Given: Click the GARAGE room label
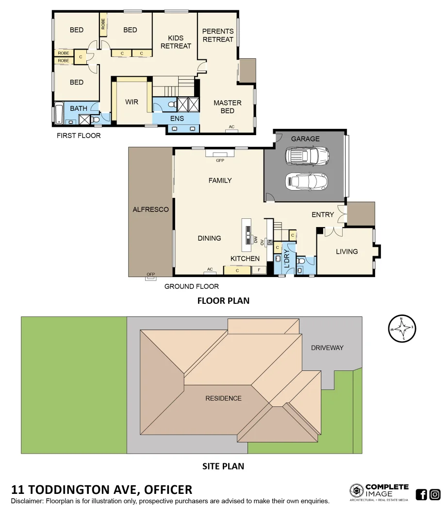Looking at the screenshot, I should point(305,139).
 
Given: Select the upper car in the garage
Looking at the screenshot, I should point(307,156).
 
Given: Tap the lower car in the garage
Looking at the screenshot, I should point(306,181).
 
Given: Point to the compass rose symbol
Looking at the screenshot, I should point(402,329).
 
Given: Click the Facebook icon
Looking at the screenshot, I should point(421,494).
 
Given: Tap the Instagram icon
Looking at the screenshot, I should point(435,494).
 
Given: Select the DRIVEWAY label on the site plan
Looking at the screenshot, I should point(327,348).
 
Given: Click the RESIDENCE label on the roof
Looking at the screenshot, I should point(223,398).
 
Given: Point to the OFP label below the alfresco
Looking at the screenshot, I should point(150,275).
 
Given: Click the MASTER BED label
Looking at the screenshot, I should point(228,106).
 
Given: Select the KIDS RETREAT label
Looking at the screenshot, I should point(176,42).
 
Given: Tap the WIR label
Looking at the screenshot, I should point(132,102).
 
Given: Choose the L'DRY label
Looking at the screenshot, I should point(286,259).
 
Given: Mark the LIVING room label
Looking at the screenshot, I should point(347,251).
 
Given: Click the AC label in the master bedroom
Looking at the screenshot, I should point(232,127).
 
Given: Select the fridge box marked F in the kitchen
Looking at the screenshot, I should point(259,270).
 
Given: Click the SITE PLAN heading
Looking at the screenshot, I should point(223,466).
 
